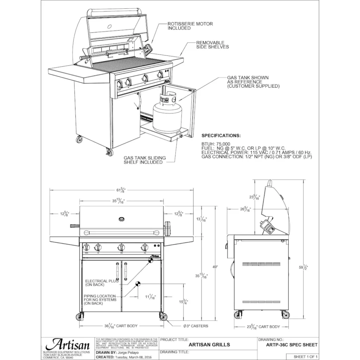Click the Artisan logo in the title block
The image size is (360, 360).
[66, 344]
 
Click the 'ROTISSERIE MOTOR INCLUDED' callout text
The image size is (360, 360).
[190, 26]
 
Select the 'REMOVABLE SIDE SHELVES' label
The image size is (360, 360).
[212, 45]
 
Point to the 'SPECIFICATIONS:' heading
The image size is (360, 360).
[221, 135]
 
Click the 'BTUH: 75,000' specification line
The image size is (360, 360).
[216, 144]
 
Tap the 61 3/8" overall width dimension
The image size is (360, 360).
[121, 190]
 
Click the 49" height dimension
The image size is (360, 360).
[215, 267]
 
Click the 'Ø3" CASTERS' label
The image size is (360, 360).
[195, 326]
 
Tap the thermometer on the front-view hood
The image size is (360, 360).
[122, 219]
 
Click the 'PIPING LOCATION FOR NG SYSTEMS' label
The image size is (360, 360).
[100, 300]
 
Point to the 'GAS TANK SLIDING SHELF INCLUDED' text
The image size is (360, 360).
[144, 160]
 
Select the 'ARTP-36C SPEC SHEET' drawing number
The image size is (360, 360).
[287, 345]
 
